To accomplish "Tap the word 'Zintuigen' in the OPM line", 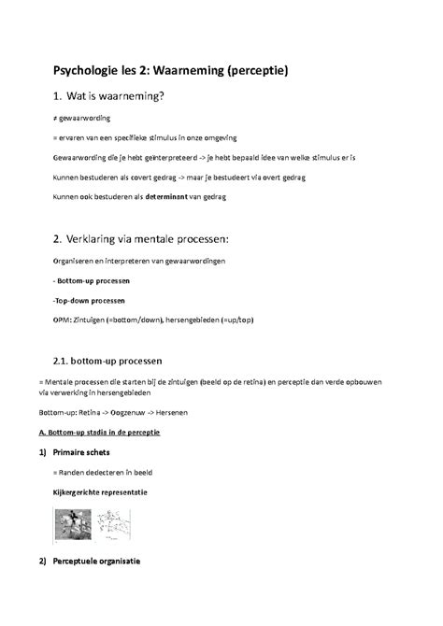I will point(90,320).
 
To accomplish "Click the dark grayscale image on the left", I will point(70,523).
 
